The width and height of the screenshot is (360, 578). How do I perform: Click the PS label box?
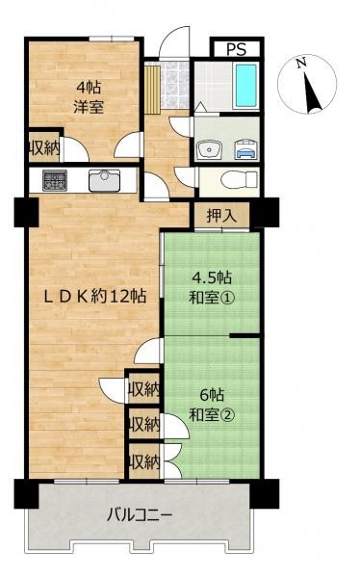(x=237, y=49)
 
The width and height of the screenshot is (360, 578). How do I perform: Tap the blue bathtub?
(x=245, y=86)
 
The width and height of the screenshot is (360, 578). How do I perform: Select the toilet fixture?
(x=239, y=180)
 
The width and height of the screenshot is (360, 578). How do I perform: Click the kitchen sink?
(x=105, y=181)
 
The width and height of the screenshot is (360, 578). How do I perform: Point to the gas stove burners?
(x=55, y=180)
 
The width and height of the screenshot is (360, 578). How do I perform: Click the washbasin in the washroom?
(x=209, y=150)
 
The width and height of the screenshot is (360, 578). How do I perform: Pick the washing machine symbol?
(x=245, y=149)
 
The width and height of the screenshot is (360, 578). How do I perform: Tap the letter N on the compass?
(x=302, y=63)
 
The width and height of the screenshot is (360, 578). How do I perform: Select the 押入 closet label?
(x=221, y=216)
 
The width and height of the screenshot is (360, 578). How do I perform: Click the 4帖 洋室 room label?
(x=89, y=97)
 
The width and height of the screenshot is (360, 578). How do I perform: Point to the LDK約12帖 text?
(x=94, y=297)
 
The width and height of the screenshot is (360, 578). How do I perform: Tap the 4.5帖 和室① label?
(x=211, y=287)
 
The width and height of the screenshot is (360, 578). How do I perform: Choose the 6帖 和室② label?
(x=212, y=406)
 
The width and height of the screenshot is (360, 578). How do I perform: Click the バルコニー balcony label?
(x=140, y=514)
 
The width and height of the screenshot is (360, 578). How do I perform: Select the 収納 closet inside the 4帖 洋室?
(x=44, y=148)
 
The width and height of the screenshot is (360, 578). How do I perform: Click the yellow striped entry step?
(x=152, y=89)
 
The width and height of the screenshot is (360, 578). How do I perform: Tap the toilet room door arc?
(x=186, y=176)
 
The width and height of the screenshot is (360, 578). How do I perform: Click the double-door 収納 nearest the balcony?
(x=144, y=461)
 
